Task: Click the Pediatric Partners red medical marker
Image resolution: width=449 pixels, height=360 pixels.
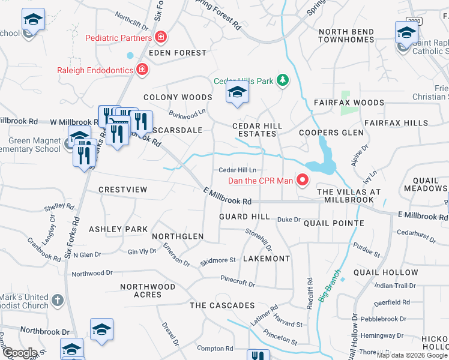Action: coord(160,38)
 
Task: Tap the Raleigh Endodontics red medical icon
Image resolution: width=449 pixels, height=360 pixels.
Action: coord(142,70)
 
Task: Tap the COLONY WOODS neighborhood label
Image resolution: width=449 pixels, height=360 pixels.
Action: coord(178,97)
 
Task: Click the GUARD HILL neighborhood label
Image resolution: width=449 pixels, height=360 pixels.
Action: coord(244,216)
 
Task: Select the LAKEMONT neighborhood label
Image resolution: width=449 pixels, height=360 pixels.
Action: coord(266,259)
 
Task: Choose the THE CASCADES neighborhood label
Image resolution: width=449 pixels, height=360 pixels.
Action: coord(222,305)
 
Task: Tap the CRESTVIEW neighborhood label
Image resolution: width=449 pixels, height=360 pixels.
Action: coord(122,190)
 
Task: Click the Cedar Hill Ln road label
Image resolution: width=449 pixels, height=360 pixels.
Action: coord(237,170)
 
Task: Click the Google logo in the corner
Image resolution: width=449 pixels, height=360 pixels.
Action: coord(20,352)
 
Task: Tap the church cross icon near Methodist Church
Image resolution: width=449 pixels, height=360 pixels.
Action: coord(57,299)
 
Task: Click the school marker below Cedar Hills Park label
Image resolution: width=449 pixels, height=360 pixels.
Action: coord(237,92)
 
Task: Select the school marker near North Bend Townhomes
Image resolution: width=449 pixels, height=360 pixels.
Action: coord(406,32)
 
